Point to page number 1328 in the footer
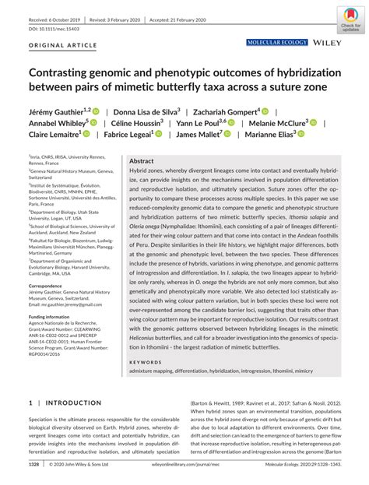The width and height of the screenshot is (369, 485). click(x=33, y=464)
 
